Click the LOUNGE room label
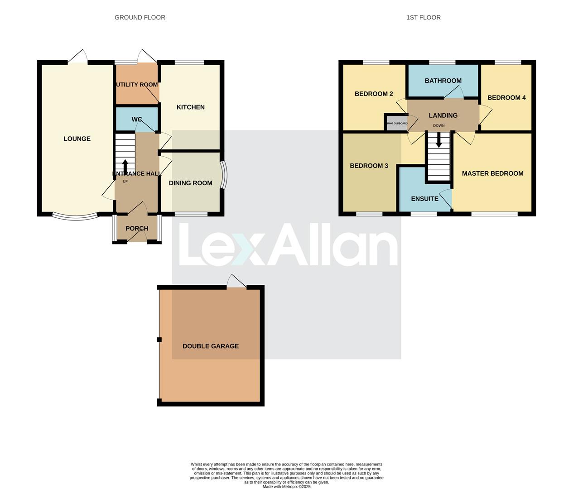77,139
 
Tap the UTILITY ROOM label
137,85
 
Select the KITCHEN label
190,107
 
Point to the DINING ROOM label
190,183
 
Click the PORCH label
137,228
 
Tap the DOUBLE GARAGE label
211,346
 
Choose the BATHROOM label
443,81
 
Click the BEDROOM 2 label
374,94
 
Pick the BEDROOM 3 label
369,166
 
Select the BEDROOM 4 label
506,97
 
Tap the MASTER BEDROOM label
492,173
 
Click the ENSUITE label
424,199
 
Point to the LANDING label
443,115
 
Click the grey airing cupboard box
396,123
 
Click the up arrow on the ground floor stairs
125,165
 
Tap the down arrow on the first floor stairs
438,141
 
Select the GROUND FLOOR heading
140,18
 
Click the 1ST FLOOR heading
423,18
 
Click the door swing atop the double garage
236,281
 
